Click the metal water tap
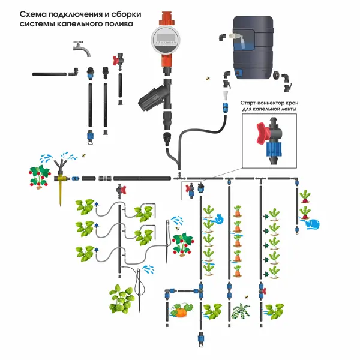tap(82, 49)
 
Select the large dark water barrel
tap(253, 47)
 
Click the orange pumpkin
tap(180, 313)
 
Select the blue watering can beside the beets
tap(311, 224)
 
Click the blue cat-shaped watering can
tap(219, 219)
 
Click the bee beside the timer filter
tap(208, 79)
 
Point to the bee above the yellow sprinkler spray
tap(83, 155)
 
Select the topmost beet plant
tap(305, 196)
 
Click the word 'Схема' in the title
tap(33, 14)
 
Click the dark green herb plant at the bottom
tap(241, 311)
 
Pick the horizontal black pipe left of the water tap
tap(50, 74)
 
